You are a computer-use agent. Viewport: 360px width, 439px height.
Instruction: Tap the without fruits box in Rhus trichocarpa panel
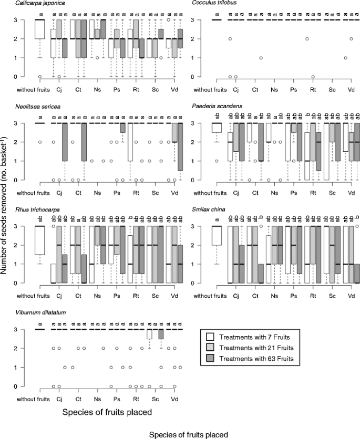point(39,241)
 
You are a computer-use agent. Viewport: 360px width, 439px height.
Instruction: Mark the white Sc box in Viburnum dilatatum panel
point(149,334)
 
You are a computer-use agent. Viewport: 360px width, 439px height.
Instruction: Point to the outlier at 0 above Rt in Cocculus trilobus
point(313,77)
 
